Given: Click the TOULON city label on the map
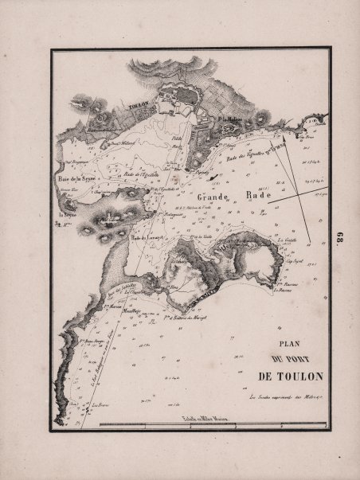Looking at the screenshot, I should pos(139,103).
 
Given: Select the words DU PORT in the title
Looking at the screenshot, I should pos(291,361).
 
